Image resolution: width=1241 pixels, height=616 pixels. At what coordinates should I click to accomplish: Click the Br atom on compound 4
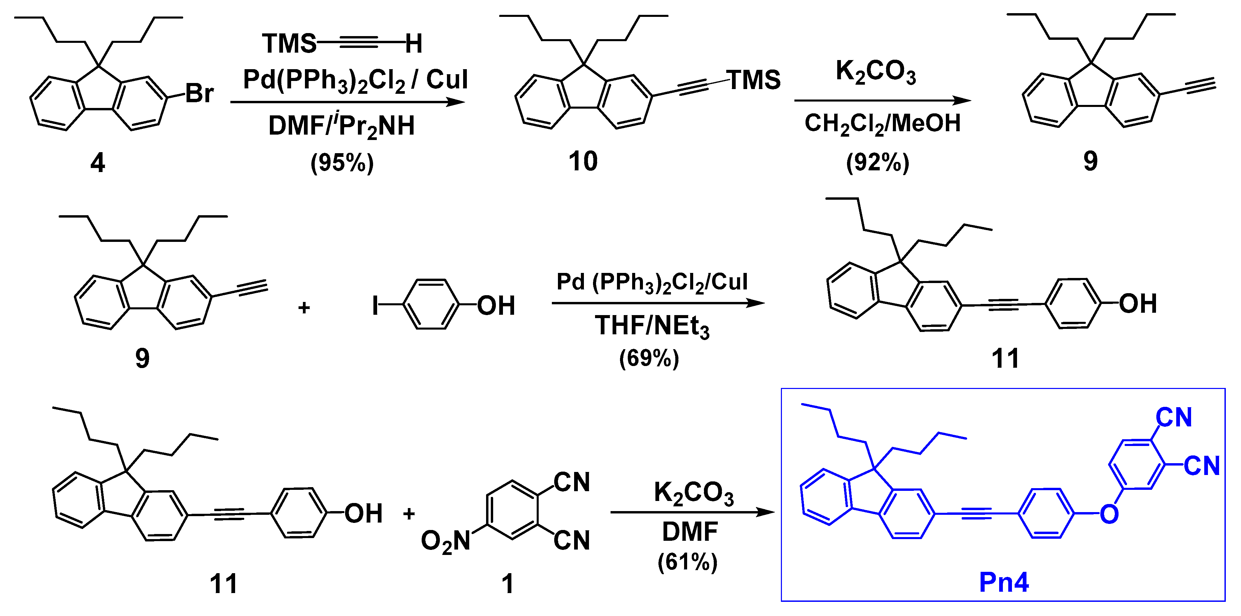pos(199,93)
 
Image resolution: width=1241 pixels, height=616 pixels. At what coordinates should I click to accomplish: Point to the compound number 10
pos(583,161)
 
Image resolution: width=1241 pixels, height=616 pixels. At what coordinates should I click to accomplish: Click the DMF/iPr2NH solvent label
pos(341,126)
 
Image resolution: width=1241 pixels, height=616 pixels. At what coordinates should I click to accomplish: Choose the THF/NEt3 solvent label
pos(652,326)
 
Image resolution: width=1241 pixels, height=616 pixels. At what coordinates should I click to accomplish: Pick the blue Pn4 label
pos(1004,582)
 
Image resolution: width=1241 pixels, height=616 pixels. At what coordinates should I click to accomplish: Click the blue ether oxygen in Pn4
pos(1109,514)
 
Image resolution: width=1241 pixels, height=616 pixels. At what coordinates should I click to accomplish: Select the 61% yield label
pos(687,562)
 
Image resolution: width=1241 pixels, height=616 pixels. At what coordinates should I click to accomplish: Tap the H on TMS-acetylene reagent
pos(413,44)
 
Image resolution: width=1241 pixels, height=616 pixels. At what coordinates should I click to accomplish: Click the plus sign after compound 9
pos(304,307)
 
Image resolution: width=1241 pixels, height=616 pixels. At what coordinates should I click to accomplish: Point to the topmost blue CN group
pos(1174,418)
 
